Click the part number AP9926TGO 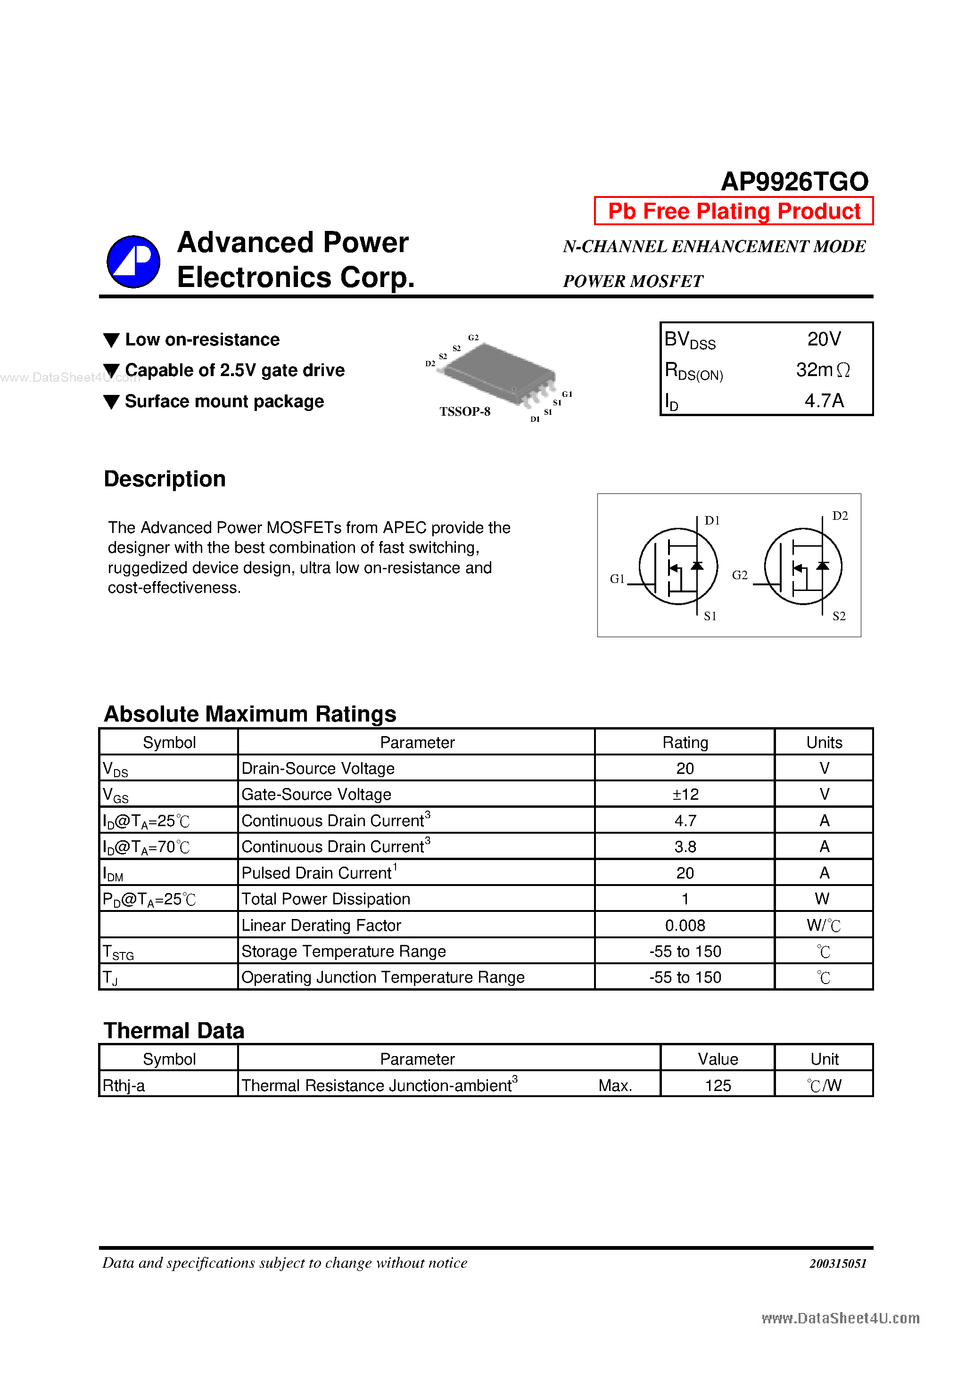click(x=794, y=181)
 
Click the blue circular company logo click(x=133, y=262)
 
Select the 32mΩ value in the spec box click(x=822, y=369)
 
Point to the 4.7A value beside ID click(x=824, y=400)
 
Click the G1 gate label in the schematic click(x=617, y=579)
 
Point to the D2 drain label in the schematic click(x=840, y=516)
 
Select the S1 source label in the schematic click(x=710, y=616)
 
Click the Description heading click(x=165, y=479)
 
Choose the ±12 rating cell click(x=685, y=794)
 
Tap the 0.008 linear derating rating click(x=685, y=925)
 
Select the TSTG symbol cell click(x=118, y=952)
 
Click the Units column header click(x=824, y=742)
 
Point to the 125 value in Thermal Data click(x=718, y=1085)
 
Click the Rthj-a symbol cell click(x=124, y=1085)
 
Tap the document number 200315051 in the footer click(x=837, y=1263)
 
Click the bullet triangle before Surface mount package click(x=111, y=402)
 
